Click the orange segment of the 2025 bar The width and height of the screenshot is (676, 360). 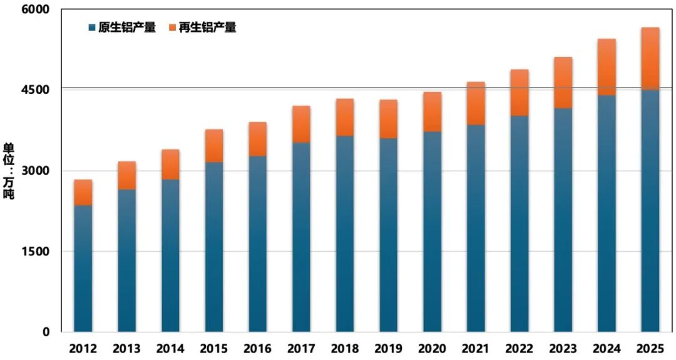coord(650,59)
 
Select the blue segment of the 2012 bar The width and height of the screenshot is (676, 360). coord(83,269)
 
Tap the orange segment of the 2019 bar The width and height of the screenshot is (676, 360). coord(389,119)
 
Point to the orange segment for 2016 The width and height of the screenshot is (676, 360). coord(258,139)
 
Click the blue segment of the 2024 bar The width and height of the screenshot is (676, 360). coord(607,213)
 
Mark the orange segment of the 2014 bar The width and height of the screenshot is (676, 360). coord(170,165)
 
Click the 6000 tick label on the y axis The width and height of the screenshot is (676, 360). coord(37,11)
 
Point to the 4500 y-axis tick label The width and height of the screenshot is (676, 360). coord(37,90)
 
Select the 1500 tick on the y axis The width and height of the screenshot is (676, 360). coord(37,251)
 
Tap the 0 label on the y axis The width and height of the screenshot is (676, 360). coord(46,332)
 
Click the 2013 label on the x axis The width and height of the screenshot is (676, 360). coord(127,347)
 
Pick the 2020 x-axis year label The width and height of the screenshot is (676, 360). coord(432,347)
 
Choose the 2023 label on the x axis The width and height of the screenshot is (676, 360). coord(563,347)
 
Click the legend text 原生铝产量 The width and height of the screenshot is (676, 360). coord(127,28)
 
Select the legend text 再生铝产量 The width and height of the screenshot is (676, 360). coord(207,28)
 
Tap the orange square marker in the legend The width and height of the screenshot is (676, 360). coord(173,28)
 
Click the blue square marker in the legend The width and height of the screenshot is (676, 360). coord(93,28)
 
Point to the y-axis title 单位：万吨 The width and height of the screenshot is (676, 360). coord(9,171)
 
